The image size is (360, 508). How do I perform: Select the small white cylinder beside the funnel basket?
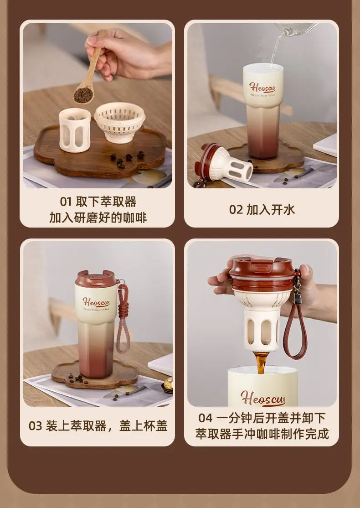(75, 130)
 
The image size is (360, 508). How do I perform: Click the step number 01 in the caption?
(66, 202)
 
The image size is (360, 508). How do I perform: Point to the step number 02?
(236, 210)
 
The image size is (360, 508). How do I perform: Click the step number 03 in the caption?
(35, 426)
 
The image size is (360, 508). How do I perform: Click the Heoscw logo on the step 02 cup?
(262, 87)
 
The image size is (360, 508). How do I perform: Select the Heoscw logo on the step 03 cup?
(96, 302)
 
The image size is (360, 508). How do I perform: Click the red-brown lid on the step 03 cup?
(95, 278)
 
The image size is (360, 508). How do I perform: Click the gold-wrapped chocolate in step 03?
(168, 385)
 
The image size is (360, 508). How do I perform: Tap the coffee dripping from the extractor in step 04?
(260, 362)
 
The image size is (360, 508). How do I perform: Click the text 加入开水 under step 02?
(271, 210)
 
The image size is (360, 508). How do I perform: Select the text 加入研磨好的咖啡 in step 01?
(98, 218)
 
